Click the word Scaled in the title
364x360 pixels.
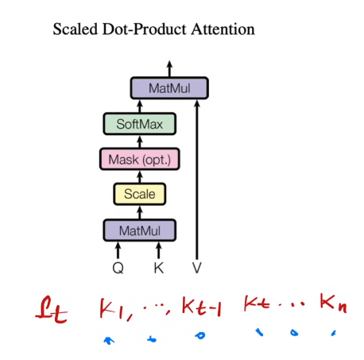click(x=76, y=29)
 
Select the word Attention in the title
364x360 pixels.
click(x=223, y=29)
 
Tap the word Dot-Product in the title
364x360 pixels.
click(x=145, y=29)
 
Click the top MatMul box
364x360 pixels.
click(x=169, y=88)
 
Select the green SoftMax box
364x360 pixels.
click(x=140, y=124)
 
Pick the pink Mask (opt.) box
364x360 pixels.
click(x=140, y=159)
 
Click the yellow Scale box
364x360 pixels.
click(x=140, y=194)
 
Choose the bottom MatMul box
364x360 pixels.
click(x=140, y=230)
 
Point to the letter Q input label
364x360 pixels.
click(x=118, y=268)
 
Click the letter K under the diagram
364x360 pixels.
click(x=159, y=268)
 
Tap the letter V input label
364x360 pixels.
click(x=197, y=268)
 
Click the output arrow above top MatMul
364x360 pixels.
click(x=169, y=68)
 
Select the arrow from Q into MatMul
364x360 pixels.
click(x=118, y=250)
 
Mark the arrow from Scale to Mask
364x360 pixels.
click(x=140, y=176)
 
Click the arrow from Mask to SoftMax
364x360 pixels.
click(x=140, y=141)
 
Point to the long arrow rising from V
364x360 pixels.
click(x=197, y=180)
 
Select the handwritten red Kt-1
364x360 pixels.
click(x=201, y=306)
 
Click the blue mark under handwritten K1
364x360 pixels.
click(x=109, y=340)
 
